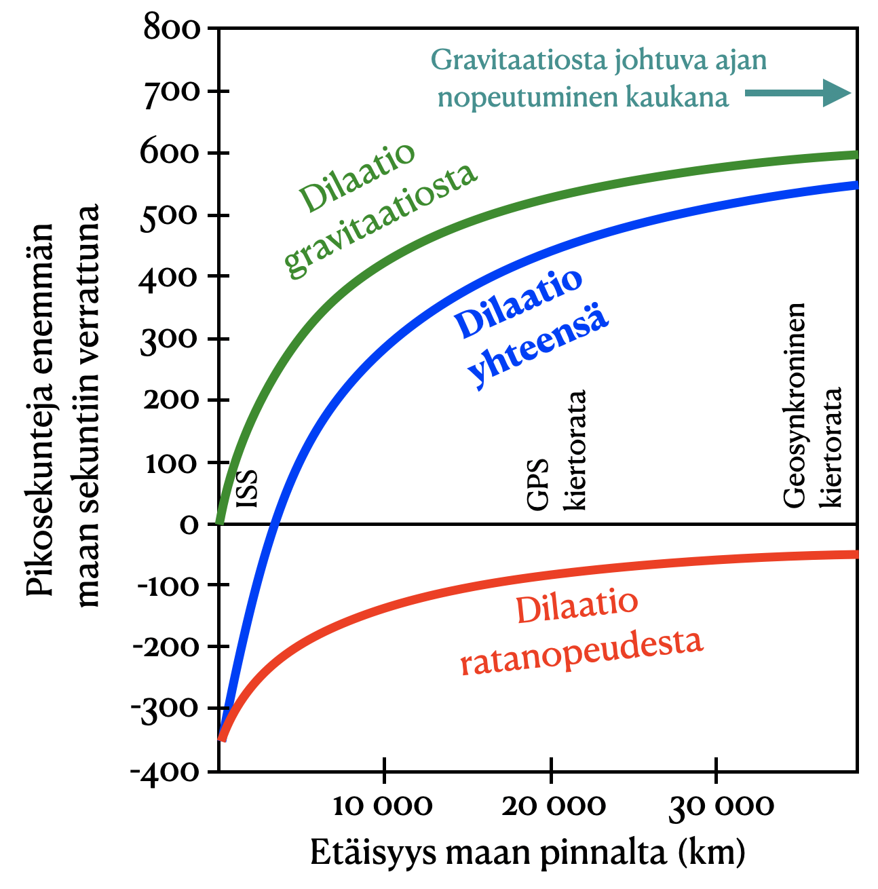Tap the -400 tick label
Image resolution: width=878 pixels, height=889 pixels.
click(167, 772)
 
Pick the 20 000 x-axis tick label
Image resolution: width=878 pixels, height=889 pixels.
click(554, 806)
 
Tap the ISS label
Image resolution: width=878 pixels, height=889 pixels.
click(247, 488)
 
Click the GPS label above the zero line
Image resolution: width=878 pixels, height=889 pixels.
click(537, 485)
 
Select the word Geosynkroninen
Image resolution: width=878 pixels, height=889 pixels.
click(794, 405)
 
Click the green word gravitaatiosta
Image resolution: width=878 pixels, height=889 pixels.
click(380, 221)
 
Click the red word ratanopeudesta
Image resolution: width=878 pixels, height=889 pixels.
click(581, 653)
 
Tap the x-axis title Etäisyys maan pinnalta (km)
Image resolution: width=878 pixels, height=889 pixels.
click(528, 852)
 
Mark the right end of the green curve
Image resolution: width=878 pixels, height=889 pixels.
click(856, 155)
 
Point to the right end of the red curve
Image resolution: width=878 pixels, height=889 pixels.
click(856, 554)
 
